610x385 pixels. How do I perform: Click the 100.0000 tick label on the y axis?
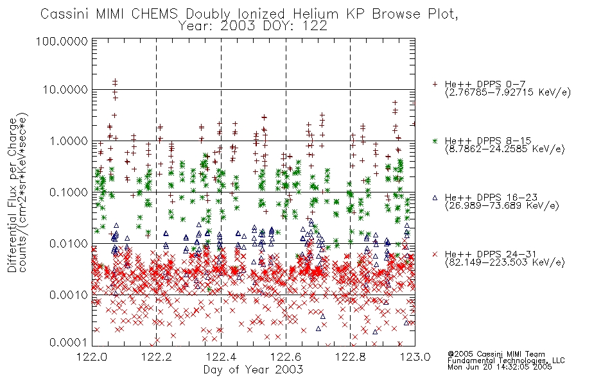[x=62, y=41]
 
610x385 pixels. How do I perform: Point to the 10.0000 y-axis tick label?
[x=65, y=90]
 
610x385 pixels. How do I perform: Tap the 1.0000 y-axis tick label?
[x=69, y=141]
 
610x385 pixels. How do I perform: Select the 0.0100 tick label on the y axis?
[x=69, y=244]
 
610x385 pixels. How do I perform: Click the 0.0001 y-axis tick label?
[x=69, y=343]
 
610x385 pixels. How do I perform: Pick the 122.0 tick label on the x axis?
[x=92, y=357]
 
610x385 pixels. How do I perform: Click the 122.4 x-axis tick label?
[x=221, y=357]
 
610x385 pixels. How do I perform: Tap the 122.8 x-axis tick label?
[x=350, y=357]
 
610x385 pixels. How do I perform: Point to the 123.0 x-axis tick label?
[x=415, y=357]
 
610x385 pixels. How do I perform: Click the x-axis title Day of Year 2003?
[x=253, y=370]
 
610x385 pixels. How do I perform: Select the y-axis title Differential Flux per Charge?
[x=12, y=195]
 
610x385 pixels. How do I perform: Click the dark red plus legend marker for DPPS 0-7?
[x=435, y=84]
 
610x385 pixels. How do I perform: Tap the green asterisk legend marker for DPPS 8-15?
[x=435, y=141]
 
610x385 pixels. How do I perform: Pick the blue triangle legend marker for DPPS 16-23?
[x=435, y=198]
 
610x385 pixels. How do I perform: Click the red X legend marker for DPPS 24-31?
[x=435, y=254]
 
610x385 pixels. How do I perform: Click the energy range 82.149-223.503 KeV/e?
[x=505, y=262]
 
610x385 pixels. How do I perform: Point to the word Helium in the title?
[x=315, y=14]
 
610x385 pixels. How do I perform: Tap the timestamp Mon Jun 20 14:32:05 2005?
[x=500, y=367]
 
